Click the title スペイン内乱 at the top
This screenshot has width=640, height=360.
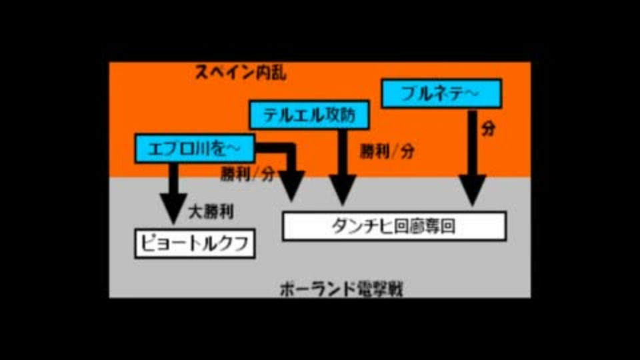coord(241,73)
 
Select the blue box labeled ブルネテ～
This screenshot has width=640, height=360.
coord(440,94)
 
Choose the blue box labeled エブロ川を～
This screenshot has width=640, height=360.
coord(195,148)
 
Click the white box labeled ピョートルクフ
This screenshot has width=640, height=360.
coord(195,244)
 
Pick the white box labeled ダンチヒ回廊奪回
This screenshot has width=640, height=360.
coord(393,226)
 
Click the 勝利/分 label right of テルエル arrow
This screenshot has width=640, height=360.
coord(386,151)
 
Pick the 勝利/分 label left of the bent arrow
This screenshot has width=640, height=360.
coord(247,175)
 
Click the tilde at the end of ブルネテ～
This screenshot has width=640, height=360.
coord(470,94)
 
